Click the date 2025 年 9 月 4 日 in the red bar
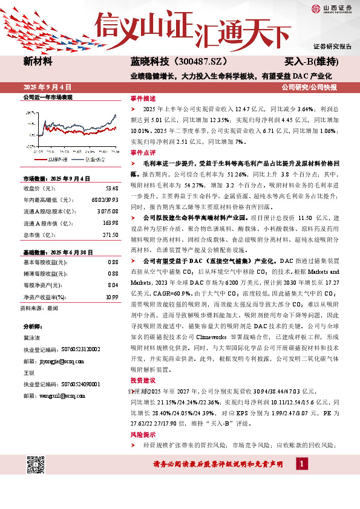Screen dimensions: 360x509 tap(47, 87)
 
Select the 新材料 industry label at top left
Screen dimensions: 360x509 tap(38, 62)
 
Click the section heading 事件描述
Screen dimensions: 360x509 tap(143, 98)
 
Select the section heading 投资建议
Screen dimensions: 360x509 tap(143, 381)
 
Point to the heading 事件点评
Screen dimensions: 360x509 tap(143, 152)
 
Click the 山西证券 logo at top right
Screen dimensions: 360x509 tap(330, 8)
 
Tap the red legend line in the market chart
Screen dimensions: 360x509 tap(42, 160)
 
